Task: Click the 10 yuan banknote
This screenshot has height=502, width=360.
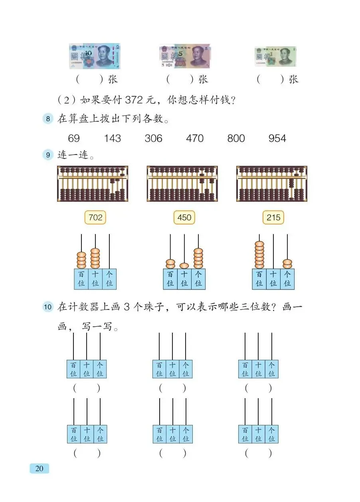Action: point(94,56)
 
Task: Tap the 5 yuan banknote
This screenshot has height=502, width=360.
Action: point(185,56)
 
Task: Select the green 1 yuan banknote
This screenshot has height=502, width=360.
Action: point(275,56)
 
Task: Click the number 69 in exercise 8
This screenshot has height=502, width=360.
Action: point(74,139)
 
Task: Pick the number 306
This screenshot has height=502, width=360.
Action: point(153,139)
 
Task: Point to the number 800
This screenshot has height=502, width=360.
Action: point(236,139)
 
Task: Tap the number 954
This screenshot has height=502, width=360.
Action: point(277,139)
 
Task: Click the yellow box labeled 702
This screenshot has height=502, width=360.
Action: point(95,218)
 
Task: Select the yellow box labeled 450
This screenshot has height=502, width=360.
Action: point(184,218)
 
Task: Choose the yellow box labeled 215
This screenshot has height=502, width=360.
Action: point(273,218)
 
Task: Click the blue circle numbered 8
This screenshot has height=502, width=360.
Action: point(48,119)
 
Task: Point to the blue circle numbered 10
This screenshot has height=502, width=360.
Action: point(48,307)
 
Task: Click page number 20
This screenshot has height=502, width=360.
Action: point(39,468)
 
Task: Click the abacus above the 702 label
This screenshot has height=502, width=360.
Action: point(93,184)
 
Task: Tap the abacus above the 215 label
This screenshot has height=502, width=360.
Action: point(272,184)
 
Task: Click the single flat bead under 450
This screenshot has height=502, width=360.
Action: point(184,266)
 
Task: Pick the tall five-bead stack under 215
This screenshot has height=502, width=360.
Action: point(259,255)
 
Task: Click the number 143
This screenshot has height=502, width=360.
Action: point(112,139)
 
